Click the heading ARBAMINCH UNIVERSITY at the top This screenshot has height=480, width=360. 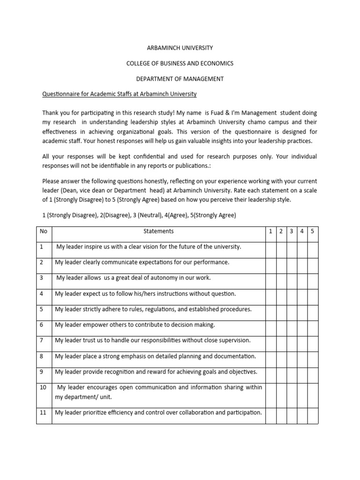point(180,48)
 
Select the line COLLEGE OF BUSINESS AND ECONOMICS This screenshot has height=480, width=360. point(180,63)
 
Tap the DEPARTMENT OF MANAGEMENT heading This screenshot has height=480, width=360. point(180,79)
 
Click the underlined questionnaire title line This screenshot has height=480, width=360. point(120,94)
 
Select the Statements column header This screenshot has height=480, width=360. point(158,231)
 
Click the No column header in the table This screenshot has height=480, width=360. point(44,231)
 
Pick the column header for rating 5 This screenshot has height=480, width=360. point(313,231)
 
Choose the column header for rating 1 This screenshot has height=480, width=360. point(270,231)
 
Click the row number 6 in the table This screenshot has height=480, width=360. point(41,325)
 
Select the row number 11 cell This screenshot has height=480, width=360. point(43,413)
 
